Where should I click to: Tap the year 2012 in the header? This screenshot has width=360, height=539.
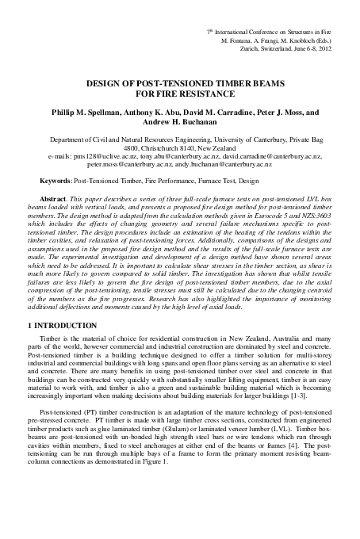click(339, 47)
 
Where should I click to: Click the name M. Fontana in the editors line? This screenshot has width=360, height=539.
click(239, 38)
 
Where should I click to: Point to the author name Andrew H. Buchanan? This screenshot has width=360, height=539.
click(180, 123)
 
